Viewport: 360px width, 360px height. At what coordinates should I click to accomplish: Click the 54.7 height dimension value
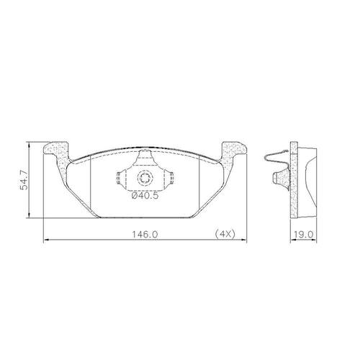pyautogui.click(x=24, y=180)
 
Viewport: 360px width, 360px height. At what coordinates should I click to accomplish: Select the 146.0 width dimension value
pyautogui.click(x=145, y=234)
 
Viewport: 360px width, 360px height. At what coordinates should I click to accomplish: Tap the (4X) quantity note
pyautogui.click(x=225, y=234)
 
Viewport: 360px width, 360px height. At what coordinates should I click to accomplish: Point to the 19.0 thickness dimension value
pyautogui.click(x=304, y=234)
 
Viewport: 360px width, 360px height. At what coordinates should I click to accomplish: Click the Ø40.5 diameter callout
pyautogui.click(x=145, y=196)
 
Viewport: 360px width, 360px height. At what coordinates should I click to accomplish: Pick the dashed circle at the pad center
pyautogui.click(x=145, y=178)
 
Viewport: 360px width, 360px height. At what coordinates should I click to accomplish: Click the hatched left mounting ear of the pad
pyautogui.click(x=58, y=158)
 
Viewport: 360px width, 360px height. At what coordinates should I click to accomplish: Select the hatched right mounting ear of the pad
pyautogui.click(x=232, y=158)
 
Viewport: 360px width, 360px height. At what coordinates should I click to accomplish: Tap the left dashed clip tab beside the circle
pyautogui.click(x=120, y=178)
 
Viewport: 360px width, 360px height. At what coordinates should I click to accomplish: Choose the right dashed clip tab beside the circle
pyautogui.click(x=171, y=178)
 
